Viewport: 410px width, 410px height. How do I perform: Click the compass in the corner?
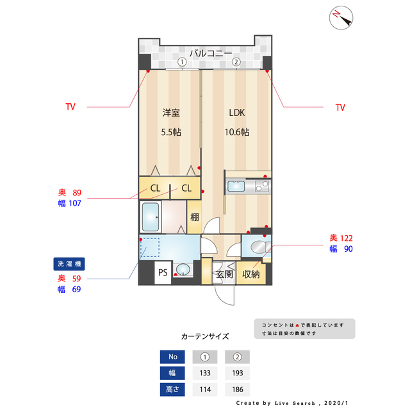point(341,18)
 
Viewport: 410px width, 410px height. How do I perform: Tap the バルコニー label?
point(211,53)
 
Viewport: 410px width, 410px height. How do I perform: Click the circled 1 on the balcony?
point(182,62)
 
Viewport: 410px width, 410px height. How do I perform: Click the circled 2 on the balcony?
point(236,62)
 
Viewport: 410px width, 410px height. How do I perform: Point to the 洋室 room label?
point(171,113)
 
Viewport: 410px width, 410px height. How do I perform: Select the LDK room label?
point(237,113)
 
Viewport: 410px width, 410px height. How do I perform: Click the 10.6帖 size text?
point(237,132)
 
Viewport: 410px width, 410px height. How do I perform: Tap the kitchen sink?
point(236,186)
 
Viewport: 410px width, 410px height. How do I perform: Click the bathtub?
point(151,217)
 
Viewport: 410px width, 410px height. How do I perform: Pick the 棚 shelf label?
point(195,217)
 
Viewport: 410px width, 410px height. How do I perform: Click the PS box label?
point(163,273)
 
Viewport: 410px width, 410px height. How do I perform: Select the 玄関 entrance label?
point(224,274)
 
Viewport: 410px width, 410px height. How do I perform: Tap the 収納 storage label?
point(250,274)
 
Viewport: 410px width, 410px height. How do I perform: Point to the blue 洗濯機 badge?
point(69,264)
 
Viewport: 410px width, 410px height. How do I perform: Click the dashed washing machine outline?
point(150,247)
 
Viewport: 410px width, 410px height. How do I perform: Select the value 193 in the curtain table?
point(238,373)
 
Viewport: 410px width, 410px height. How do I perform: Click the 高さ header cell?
point(172,389)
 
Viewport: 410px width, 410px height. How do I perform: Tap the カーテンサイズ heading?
point(205,336)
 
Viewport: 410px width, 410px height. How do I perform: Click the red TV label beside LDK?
point(340,108)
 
